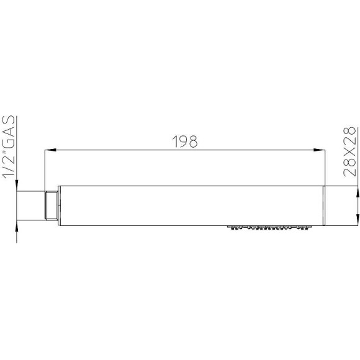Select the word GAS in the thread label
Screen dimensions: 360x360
9,132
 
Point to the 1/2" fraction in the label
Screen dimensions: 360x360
9,164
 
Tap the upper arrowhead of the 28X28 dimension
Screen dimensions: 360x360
356,190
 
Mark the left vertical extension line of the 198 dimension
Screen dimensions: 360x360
45,168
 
